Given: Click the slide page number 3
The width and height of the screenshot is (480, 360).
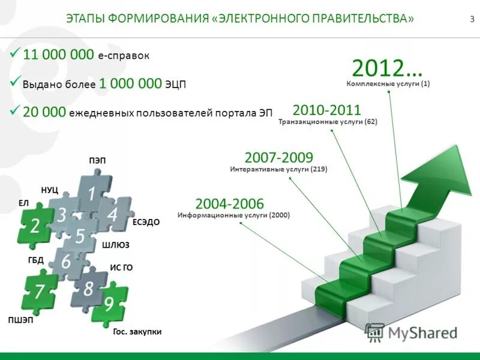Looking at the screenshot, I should coord(472,19).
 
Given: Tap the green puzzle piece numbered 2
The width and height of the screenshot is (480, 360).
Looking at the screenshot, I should coord(35,226).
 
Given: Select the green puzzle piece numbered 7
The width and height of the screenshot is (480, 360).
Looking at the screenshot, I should coord(40,292).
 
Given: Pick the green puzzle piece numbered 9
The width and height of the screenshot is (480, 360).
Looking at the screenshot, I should coord(109,304).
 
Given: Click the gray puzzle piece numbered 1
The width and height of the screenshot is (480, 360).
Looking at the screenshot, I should coord(91,193).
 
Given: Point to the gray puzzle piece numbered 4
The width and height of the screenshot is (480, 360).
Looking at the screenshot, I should coord(112,213).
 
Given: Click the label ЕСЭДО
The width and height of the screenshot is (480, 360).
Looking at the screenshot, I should coord(146,222).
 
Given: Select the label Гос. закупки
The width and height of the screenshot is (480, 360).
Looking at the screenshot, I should coord(137,331).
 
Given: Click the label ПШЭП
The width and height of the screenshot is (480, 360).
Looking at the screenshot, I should coord(20,320).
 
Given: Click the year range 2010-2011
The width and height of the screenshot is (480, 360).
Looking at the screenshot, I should coord(326,110).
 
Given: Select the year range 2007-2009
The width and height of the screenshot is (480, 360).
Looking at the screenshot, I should coord(279,158).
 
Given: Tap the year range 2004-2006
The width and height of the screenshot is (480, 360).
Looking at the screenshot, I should coord(229,203).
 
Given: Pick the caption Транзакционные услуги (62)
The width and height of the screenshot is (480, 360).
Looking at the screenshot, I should coord(328,122).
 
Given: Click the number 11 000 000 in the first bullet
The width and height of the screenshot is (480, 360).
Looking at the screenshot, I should coord(58,55).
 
